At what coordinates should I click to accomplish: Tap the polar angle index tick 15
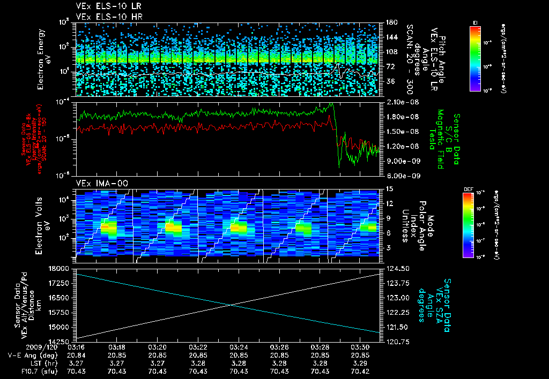[x=387, y=188]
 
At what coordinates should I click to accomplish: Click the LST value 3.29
[x=360, y=363]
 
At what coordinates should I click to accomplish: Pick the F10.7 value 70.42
[x=360, y=371]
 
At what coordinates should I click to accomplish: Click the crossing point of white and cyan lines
[x=231, y=305]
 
